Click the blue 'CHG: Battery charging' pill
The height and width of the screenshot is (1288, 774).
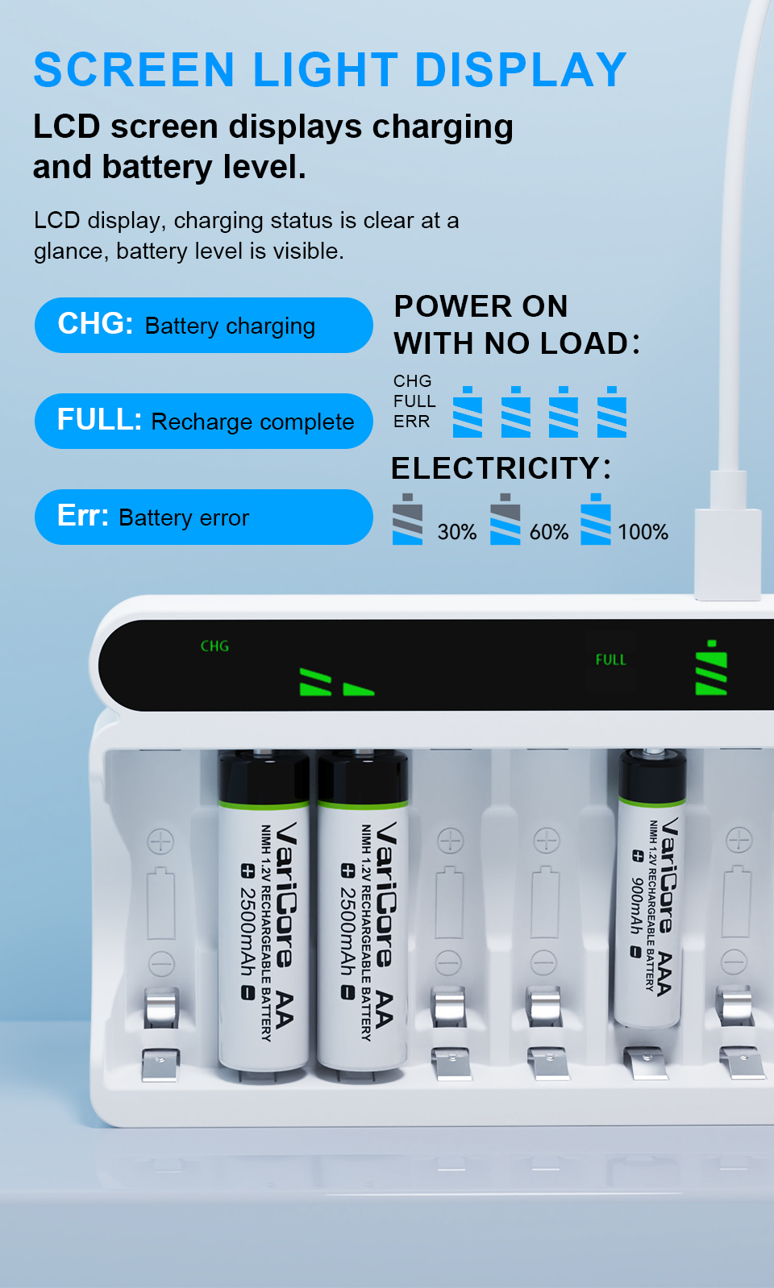pos(203,326)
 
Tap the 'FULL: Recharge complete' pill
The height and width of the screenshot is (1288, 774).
pos(203,421)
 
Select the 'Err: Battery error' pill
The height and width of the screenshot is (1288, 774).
pos(203,517)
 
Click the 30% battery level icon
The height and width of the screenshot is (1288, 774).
pos(408,518)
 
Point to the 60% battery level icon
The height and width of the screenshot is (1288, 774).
pos(506,518)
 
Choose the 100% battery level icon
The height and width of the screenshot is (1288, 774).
pos(596,518)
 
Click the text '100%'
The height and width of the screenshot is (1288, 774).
pos(643,532)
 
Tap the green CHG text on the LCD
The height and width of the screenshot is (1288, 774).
pos(214,646)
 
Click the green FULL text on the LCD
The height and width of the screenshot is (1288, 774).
pos(610,659)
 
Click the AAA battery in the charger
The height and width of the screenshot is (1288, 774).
pos(651,887)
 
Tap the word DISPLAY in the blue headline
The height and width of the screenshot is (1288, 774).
pos(520,69)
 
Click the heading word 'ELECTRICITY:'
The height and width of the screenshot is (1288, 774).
pos(501,467)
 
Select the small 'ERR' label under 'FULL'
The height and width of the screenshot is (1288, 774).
pos(412,422)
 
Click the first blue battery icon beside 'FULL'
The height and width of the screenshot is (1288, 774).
pos(468,412)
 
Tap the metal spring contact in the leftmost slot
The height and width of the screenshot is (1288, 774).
pos(161,1008)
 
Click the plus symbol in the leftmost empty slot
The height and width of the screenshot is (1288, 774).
pos(160,841)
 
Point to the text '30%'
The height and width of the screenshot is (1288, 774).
pos(457,532)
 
